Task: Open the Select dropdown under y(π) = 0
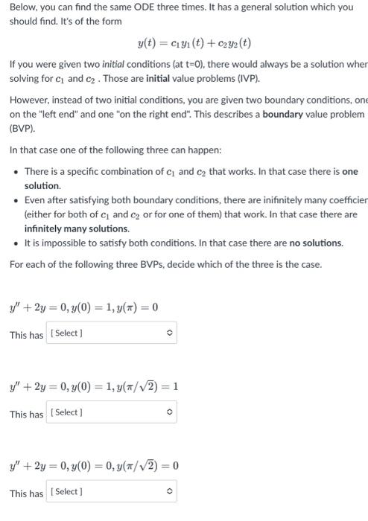pos(112,333)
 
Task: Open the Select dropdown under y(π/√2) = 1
pos(112,412)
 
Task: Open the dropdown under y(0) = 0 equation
pos(112,492)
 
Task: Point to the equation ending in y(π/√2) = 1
pos(94,386)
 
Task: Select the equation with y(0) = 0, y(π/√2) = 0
pos(94,466)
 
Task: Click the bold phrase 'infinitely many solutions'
pos(66,228)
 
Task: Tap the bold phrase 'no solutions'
pos(317,243)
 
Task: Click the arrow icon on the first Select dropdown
pos(169,333)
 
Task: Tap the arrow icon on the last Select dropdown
pos(169,492)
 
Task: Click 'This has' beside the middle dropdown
pos(26,414)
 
